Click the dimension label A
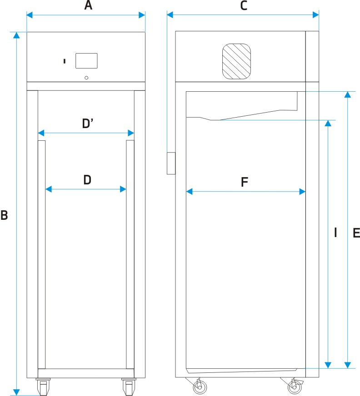[x=88, y=6]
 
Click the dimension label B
[x=5, y=215]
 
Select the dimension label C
[x=244, y=6]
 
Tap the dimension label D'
[x=88, y=124]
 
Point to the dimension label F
[x=244, y=183]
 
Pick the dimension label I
[x=335, y=233]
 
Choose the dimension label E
[x=356, y=233]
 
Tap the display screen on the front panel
[x=86, y=61]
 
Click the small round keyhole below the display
[x=87, y=78]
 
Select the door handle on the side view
[x=171, y=163]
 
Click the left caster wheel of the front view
[x=43, y=387]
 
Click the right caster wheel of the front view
[x=128, y=387]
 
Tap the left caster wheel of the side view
[x=199, y=387]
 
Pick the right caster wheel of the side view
[x=294, y=387]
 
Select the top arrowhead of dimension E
[x=348, y=94]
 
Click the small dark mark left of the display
[x=65, y=60]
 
